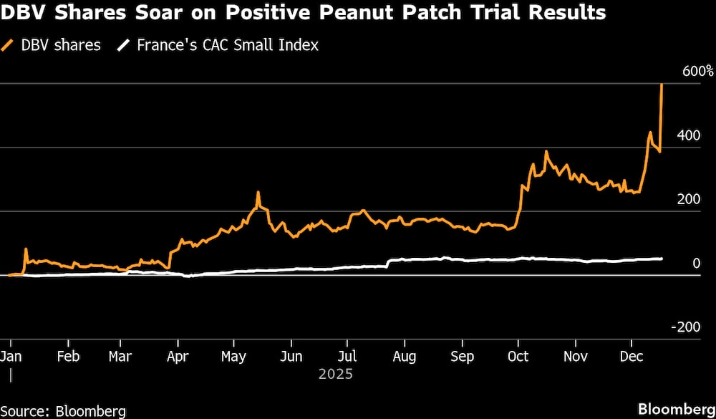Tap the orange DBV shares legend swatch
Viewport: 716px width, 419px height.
coord(8,45)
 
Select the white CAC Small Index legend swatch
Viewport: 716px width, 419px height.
coord(125,45)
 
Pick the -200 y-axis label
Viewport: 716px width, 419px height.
coord(686,327)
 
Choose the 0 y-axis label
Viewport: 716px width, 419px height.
coord(697,264)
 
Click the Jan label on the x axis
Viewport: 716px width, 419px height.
coord(10,356)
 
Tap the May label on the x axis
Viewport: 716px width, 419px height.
coord(233,356)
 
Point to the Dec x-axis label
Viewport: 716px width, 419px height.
coord(630,356)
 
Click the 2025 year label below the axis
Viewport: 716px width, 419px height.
coord(336,374)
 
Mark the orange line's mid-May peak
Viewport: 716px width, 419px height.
coord(258,192)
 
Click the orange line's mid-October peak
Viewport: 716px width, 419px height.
coord(546,152)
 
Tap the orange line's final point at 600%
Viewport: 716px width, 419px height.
coord(661,85)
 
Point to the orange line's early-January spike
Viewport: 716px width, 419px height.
coord(26,249)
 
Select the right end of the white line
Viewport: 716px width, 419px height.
coord(661,259)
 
